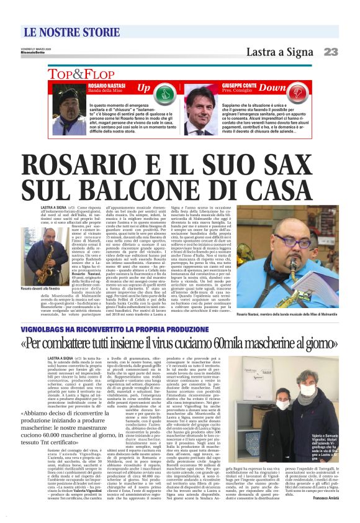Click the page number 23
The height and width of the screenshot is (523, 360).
click(331, 52)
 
